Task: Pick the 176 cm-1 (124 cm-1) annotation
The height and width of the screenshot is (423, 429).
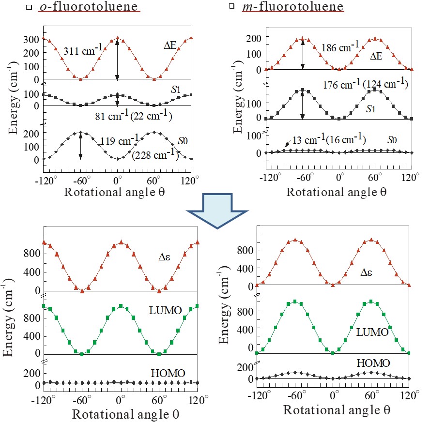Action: pyautogui.click(x=366, y=85)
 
